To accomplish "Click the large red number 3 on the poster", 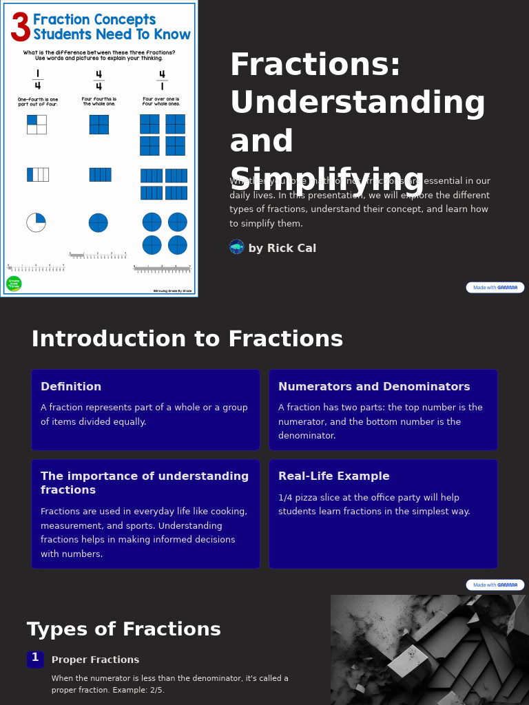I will tap(21, 28).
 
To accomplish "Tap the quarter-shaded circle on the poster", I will tap(37, 222).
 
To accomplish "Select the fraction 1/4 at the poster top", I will tap(37, 80).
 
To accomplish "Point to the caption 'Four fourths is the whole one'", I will tap(99, 101).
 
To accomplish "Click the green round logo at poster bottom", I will tap(14, 284).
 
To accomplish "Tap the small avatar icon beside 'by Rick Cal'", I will tap(237, 247).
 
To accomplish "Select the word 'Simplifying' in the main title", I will tap(327, 180).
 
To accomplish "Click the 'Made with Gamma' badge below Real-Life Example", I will tap(495, 585).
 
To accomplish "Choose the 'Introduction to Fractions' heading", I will tap(187, 339).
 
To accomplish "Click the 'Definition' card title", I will tap(71, 387).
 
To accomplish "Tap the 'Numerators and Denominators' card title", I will tap(374, 387).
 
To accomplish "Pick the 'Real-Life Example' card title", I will tap(334, 476).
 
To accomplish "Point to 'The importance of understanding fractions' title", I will tap(145, 483).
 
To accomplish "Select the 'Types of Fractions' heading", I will tap(124, 630).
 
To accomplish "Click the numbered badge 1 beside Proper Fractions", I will tap(35, 659).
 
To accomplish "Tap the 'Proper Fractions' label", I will tap(95, 660).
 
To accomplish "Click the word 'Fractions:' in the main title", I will tap(315, 65).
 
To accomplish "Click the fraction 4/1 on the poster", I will tap(162, 80).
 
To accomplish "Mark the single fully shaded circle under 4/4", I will tap(98, 222).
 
